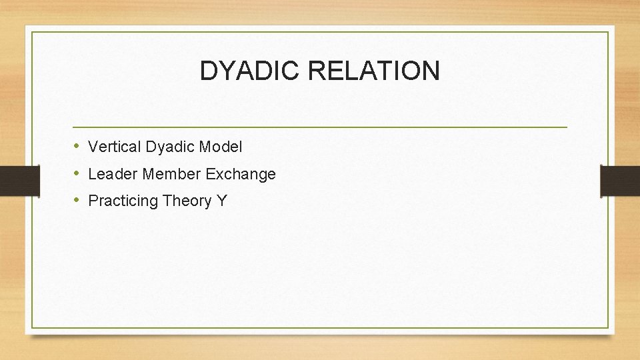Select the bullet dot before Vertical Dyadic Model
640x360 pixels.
tap(77, 146)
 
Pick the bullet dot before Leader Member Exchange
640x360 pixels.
tap(77, 174)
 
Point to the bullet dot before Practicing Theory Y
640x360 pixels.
tap(77, 201)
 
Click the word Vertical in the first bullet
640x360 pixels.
tap(111, 146)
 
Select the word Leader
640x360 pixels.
tap(109, 175)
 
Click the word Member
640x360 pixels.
tap(169, 175)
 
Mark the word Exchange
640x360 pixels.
tap(241, 175)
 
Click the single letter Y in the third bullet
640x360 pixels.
tap(221, 201)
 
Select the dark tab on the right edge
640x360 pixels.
tap(620, 181)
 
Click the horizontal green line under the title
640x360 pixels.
tap(320, 127)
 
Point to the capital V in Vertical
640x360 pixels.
tap(93, 146)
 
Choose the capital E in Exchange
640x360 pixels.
tap(211, 174)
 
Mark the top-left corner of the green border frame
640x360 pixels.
tap(33, 32)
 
